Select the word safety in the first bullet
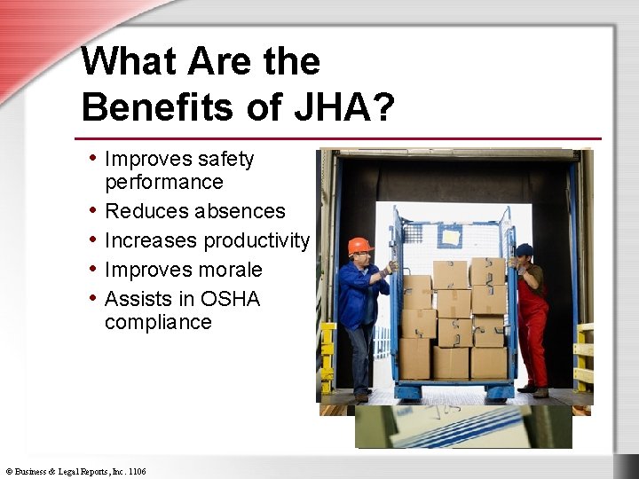tap(226, 160)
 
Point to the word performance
tap(163, 182)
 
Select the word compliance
tap(158, 322)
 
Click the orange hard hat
tap(359, 246)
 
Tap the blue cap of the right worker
tap(524, 250)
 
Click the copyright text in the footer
tap(75, 471)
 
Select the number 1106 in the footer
tap(137, 471)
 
